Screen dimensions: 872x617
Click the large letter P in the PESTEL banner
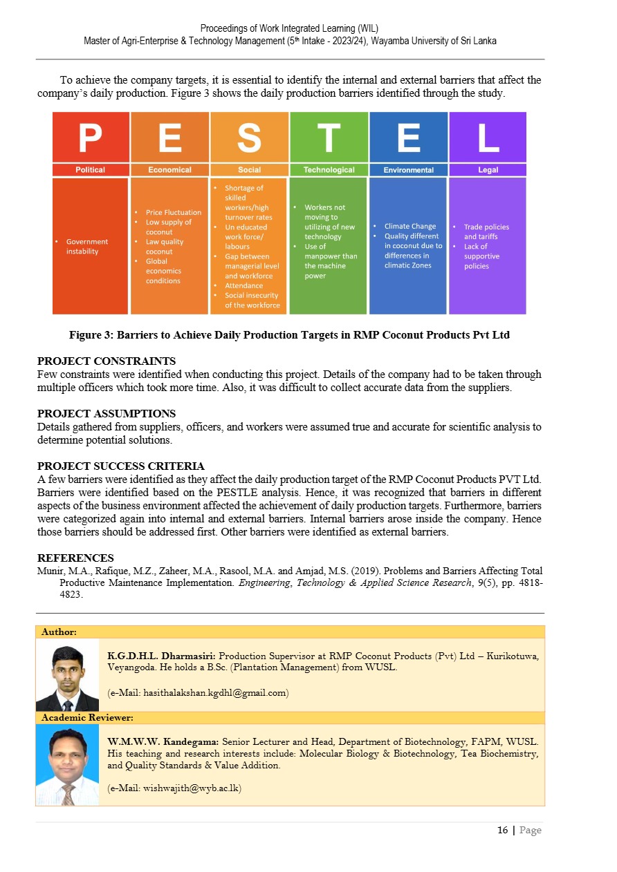tap(91, 138)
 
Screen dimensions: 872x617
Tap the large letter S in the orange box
tap(249, 138)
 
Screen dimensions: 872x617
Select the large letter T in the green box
tap(329, 138)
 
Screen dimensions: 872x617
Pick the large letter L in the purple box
tap(488, 138)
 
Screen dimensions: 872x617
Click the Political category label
tap(91, 170)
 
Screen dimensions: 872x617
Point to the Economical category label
tap(169, 170)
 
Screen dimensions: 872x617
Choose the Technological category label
tap(329, 170)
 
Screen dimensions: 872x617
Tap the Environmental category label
tap(408, 170)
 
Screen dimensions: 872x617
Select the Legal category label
tap(488, 170)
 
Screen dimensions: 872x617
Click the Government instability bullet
tap(86, 247)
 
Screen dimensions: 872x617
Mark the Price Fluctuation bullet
tap(173, 212)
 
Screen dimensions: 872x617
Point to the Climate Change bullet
tap(409, 226)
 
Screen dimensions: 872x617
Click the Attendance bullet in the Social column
tap(243, 285)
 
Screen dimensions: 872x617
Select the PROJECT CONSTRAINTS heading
tap(107, 361)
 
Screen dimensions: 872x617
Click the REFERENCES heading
tap(75, 558)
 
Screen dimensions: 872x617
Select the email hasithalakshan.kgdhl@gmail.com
tap(199, 692)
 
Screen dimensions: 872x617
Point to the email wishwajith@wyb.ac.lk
tap(175, 788)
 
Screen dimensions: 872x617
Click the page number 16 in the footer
tap(502, 831)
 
